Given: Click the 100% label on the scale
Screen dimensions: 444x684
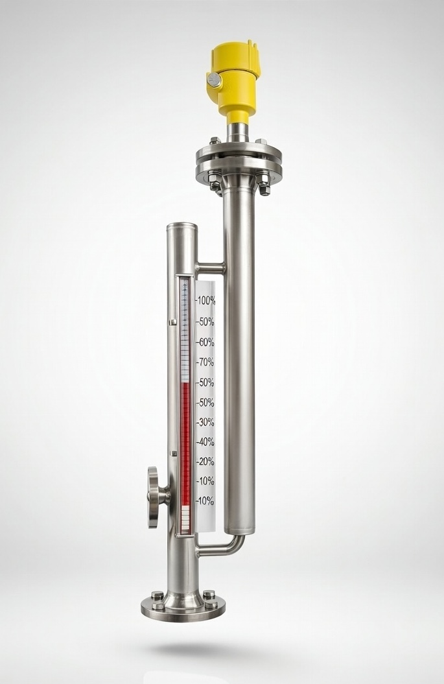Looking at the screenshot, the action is click(x=205, y=301).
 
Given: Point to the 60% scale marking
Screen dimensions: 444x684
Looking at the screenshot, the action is click(x=205, y=343).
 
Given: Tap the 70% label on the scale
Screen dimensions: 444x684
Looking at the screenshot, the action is click(x=205, y=362).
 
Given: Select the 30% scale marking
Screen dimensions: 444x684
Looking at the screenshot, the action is click(x=205, y=422).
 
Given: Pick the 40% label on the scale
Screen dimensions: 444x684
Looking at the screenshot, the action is click(x=205, y=442).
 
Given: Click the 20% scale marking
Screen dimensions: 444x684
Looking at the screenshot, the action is click(x=205, y=462).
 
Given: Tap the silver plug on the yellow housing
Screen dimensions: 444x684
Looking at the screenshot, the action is click(x=214, y=79).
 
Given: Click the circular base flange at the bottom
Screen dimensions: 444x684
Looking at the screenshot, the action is click(x=183, y=606).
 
